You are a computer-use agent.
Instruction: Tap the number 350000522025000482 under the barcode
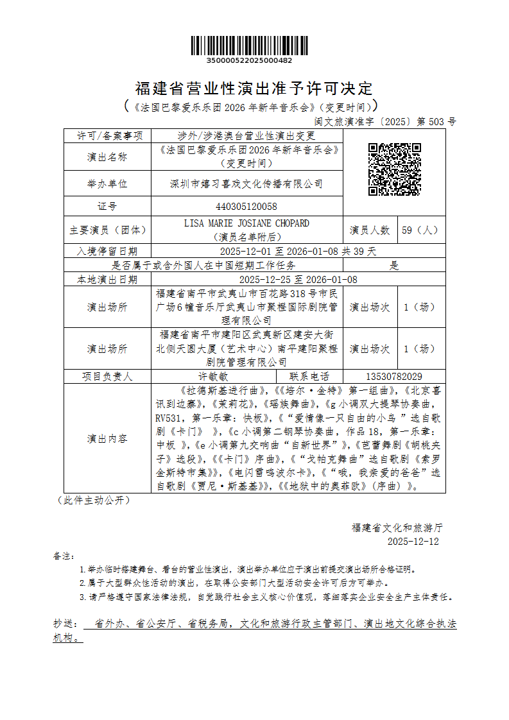click(250, 61)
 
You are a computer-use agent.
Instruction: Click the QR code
click(394, 169)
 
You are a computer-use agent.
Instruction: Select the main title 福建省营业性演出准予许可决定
click(254, 88)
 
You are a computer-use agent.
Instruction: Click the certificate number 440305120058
click(247, 206)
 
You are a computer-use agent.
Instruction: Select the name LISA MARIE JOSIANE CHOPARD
click(246, 223)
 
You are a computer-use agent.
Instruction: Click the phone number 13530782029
click(394, 377)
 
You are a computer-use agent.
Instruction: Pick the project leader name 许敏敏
click(213, 377)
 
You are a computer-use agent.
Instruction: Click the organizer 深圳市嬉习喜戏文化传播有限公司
click(246, 184)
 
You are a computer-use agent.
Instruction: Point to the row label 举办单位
click(107, 184)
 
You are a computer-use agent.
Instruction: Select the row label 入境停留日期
click(107, 251)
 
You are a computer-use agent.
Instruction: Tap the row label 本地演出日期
click(107, 279)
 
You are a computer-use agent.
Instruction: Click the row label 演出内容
click(107, 439)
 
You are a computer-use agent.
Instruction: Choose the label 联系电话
click(309, 377)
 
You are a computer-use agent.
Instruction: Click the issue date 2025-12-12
click(413, 542)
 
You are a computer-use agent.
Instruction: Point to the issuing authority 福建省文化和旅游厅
click(397, 527)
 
